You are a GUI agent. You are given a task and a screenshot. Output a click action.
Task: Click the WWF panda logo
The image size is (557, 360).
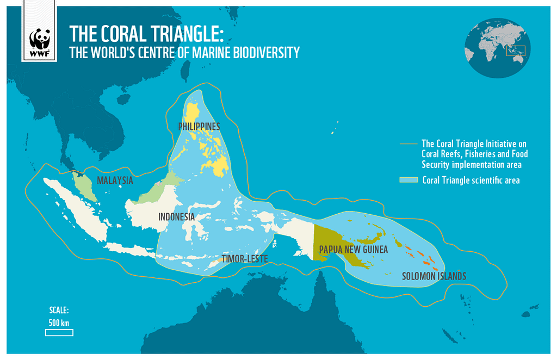point(40,41)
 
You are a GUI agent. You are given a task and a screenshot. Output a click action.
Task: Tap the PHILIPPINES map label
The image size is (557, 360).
point(199,127)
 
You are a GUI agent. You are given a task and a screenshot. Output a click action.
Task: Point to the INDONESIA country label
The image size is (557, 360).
point(176,217)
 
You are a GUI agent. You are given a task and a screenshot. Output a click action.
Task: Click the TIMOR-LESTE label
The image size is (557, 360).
point(245,259)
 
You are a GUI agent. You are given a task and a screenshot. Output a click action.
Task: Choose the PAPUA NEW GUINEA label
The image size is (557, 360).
point(354,250)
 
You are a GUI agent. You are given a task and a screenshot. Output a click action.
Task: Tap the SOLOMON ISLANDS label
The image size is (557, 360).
point(434,276)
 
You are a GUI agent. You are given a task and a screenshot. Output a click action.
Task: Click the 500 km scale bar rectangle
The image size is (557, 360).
point(59,332)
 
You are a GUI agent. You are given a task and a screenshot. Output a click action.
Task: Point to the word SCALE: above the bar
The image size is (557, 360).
point(59,311)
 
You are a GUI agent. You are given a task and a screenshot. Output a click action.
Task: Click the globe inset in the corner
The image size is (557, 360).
point(496,48)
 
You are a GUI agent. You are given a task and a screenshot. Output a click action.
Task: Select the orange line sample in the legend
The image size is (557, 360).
point(409,144)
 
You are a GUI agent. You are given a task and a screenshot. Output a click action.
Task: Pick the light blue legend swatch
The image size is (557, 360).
point(409,180)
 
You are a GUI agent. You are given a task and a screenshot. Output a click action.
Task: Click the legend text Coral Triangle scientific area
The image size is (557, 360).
point(471,181)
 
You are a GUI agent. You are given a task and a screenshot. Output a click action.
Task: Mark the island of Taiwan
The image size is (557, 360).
point(185,67)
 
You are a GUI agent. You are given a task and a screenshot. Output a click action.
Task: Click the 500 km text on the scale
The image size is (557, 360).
point(59,323)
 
